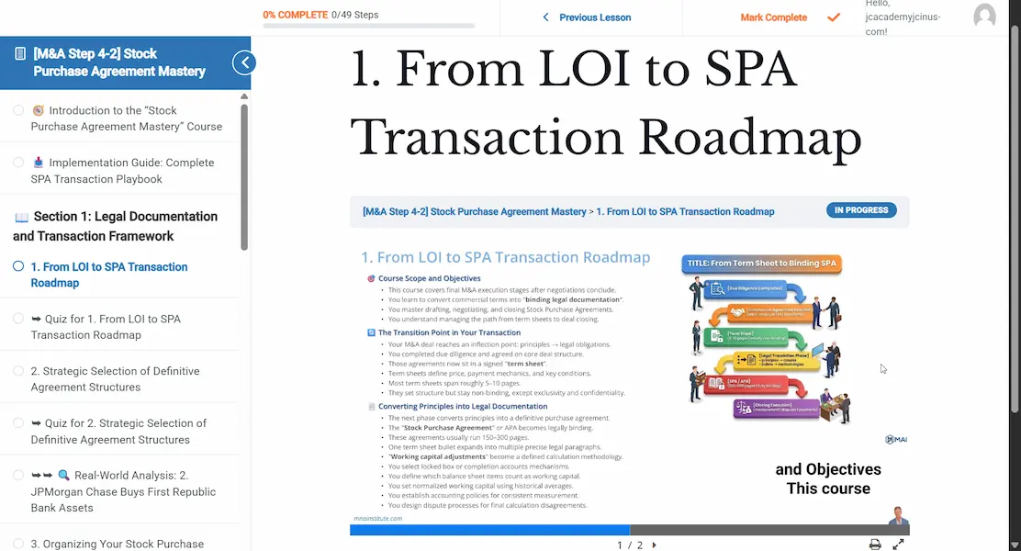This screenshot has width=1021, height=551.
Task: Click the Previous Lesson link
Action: coord(587,17)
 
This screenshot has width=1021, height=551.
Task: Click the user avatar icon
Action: coord(984,17)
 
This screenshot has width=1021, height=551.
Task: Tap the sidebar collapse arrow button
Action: coord(244,62)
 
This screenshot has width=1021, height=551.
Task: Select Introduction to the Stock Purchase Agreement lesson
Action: coord(126,118)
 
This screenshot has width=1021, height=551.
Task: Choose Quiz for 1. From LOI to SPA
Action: coord(106,327)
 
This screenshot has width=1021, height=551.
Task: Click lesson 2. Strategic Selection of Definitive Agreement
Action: coord(115,379)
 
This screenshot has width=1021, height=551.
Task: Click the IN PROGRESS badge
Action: coord(860,210)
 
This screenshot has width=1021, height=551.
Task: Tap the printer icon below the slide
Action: coord(875,545)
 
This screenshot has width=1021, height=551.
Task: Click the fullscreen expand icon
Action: coord(899,545)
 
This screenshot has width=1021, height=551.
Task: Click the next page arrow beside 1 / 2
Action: coord(654,545)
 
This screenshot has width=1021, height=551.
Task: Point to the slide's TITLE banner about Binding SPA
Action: coord(761,264)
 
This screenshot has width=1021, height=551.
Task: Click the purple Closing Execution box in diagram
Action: coord(777,409)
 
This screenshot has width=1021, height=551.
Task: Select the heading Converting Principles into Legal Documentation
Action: coord(463,406)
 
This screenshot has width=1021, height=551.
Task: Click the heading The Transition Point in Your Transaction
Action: coord(449,332)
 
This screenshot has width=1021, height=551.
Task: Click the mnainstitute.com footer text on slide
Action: coord(377,519)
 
